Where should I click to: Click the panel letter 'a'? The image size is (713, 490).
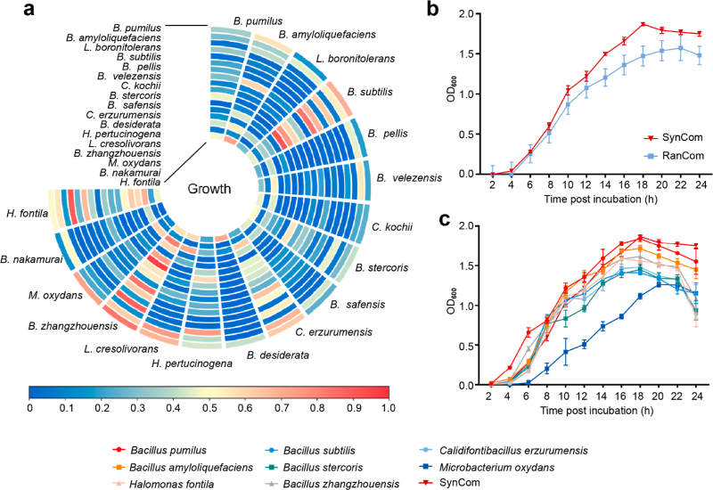tap(29, 9)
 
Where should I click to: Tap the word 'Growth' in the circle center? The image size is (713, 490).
tap(209, 189)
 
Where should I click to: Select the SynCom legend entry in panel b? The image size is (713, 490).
tap(673, 137)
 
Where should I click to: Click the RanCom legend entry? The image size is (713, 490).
tap(674, 155)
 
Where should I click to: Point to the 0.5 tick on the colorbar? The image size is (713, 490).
tap(209, 408)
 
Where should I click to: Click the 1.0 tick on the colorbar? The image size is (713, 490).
tap(389, 408)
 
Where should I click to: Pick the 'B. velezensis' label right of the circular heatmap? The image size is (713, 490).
tap(409, 177)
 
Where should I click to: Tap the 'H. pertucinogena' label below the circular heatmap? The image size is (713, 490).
tap(192, 363)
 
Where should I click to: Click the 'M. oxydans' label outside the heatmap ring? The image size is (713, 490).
tap(55, 296)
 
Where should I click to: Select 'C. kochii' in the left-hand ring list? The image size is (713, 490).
tap(141, 86)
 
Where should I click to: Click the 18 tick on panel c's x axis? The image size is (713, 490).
tap(639, 396)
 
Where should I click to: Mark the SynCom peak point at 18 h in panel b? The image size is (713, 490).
tap(643, 24)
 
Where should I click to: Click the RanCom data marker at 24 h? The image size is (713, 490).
tap(699, 55)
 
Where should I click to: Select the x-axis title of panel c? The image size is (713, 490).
tap(596, 411)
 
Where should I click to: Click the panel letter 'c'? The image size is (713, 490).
tap(444, 220)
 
